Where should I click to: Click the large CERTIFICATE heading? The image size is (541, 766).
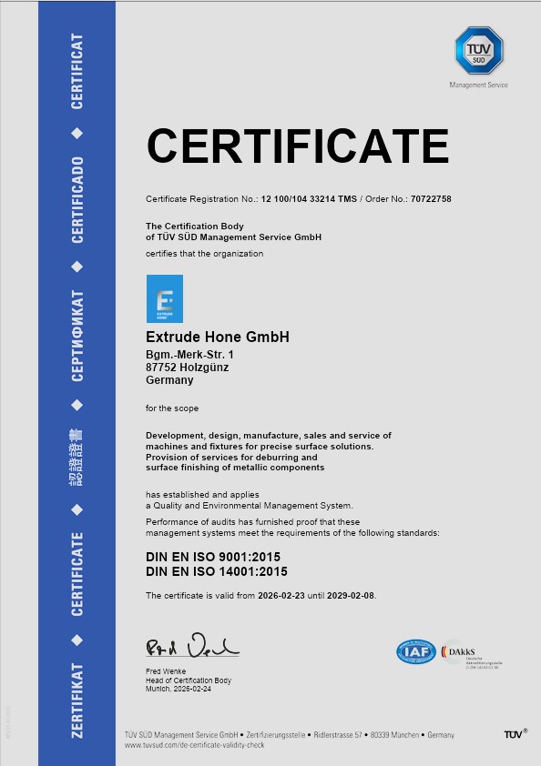click(x=297, y=146)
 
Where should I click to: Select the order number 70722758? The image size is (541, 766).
click(x=431, y=198)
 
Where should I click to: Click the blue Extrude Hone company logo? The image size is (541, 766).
click(x=165, y=298)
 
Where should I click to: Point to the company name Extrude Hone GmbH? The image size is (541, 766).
click(x=218, y=337)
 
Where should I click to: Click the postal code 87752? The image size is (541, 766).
click(x=163, y=367)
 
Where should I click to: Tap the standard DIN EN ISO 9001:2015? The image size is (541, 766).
click(x=217, y=555)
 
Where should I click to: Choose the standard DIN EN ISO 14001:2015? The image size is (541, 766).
click(x=217, y=571)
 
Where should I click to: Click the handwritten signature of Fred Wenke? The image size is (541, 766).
click(x=191, y=647)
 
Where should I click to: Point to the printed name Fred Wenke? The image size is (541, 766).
click(x=165, y=671)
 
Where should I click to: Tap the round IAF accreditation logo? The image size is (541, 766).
click(x=415, y=652)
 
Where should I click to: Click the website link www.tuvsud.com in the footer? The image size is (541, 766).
click(x=193, y=744)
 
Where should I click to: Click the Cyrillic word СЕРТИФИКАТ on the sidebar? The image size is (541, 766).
click(x=78, y=336)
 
